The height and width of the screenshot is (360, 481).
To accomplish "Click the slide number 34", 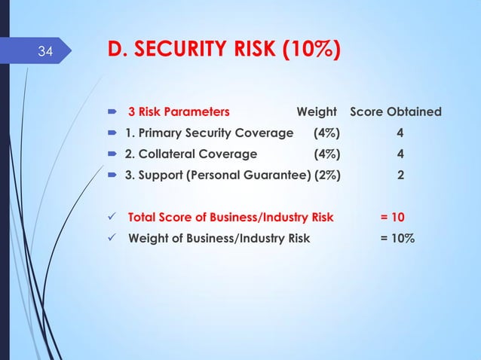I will click(45, 52).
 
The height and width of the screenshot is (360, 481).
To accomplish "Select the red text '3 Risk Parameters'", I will click(179, 112).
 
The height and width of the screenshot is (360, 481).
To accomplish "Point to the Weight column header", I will click(317, 112).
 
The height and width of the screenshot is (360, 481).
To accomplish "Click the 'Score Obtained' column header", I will click(396, 112).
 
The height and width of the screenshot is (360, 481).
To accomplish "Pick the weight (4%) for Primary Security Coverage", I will click(326, 133).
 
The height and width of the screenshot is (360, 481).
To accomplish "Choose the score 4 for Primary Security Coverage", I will click(401, 133).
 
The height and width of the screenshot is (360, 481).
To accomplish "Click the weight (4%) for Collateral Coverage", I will click(326, 154).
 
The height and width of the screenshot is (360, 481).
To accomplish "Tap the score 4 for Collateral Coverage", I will click(401, 154).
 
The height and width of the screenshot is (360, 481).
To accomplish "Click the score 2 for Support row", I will click(401, 175).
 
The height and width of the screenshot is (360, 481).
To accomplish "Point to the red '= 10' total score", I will click(392, 218).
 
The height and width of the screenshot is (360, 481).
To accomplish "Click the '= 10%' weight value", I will click(397, 239).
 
